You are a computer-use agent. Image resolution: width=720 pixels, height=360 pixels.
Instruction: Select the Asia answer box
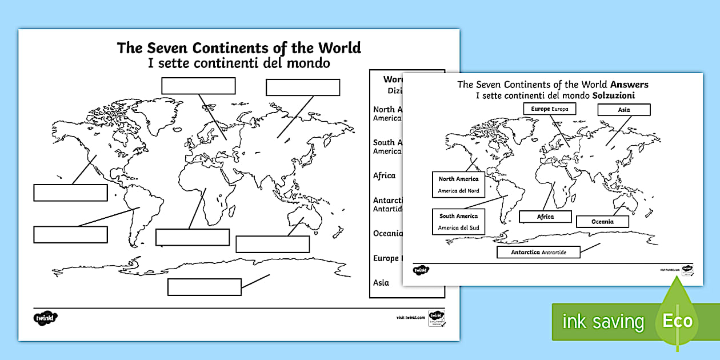[x=624, y=110]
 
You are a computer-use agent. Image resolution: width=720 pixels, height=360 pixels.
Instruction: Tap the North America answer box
[x=458, y=185]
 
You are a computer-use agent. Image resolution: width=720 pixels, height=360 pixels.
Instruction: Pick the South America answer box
[x=458, y=222]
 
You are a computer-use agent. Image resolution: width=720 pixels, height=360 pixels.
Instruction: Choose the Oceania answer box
[x=602, y=222]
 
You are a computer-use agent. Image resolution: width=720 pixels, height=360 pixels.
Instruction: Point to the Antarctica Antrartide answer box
[x=538, y=252]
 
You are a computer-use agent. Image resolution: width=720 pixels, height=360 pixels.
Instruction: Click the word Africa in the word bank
[x=384, y=175]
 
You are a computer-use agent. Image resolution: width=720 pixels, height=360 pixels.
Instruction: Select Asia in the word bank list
[x=381, y=282]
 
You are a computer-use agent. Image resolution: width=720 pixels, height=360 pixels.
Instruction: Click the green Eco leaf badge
[x=678, y=321]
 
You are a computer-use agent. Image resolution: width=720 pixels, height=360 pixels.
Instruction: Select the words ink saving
[x=603, y=322]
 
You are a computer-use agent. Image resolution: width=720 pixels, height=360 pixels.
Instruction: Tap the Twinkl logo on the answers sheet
[x=421, y=270]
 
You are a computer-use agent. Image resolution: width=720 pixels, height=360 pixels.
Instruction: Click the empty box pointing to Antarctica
[x=204, y=287]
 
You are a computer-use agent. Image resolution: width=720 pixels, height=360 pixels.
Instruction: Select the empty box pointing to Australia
[x=273, y=244]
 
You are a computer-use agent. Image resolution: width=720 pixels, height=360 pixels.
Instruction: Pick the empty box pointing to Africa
[x=192, y=237]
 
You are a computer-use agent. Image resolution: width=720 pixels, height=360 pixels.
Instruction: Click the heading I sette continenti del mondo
[x=239, y=63]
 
